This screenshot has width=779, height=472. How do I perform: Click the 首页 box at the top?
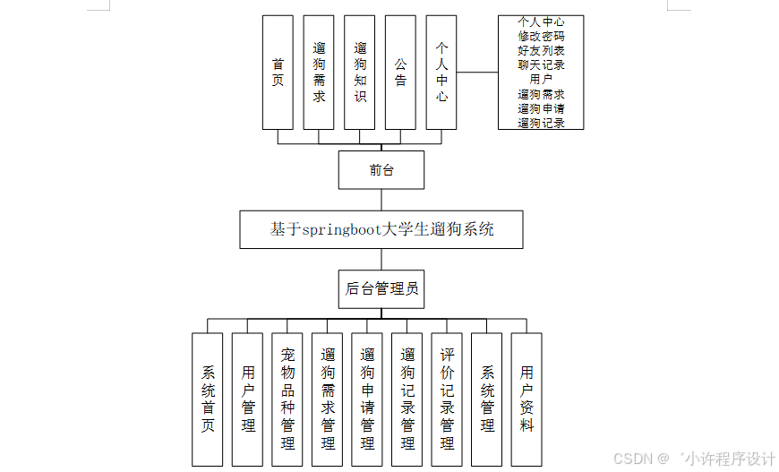point(278,72)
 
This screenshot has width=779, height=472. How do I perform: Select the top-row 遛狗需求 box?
point(319,72)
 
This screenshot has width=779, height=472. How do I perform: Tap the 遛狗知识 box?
point(360,72)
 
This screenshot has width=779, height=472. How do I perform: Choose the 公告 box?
point(400,72)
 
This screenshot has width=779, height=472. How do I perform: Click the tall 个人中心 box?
point(441,72)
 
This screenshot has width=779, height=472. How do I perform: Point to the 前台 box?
point(381,170)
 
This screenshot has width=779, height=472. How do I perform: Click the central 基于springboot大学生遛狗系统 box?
point(381,229)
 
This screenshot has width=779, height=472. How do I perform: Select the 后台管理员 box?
point(381,289)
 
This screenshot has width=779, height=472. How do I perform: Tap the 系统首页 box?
point(208,399)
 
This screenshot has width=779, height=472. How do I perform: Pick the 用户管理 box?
point(248,399)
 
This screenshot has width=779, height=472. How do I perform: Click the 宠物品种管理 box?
point(287,399)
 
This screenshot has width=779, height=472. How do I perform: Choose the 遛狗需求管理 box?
point(328,399)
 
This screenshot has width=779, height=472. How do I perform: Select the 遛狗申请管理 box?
point(367,399)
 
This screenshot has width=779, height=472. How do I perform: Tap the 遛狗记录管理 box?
point(407,399)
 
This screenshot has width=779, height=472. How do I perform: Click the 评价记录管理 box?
point(447,399)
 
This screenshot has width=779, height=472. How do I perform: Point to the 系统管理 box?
point(487,399)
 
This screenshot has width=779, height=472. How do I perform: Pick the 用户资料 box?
point(526,399)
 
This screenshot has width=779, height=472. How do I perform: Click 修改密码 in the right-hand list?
point(541,36)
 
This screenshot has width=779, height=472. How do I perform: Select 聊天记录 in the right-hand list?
point(541,64)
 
